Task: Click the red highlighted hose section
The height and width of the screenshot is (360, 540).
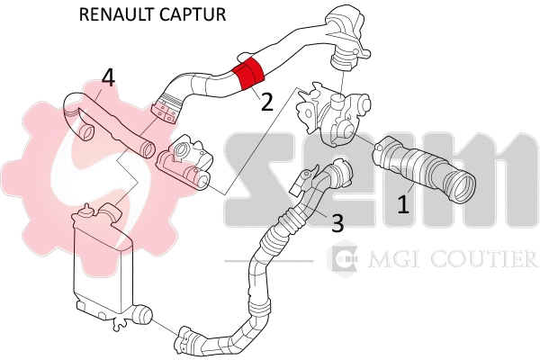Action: pyautogui.click(x=247, y=76)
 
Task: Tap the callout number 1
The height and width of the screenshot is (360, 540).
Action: pyautogui.click(x=403, y=204)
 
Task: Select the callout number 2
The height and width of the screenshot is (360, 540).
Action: pyautogui.click(x=266, y=102)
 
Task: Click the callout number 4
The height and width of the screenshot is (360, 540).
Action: pyautogui.click(x=108, y=78)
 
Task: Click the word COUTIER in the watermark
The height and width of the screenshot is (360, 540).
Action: pyautogui.click(x=483, y=261)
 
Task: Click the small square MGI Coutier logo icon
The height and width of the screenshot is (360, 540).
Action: pyautogui.click(x=343, y=261)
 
